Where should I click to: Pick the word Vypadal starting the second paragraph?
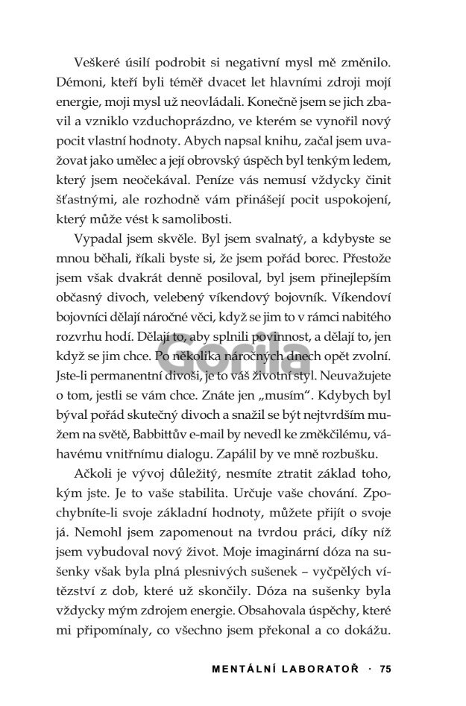click(x=98, y=241)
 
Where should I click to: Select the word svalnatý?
click(x=276, y=241)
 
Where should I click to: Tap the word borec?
click(x=365, y=261)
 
